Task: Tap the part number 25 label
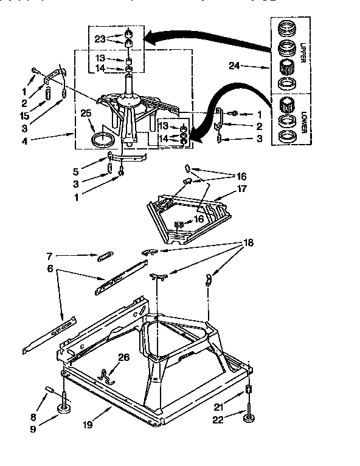pos(86,112)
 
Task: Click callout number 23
pos(100,38)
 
